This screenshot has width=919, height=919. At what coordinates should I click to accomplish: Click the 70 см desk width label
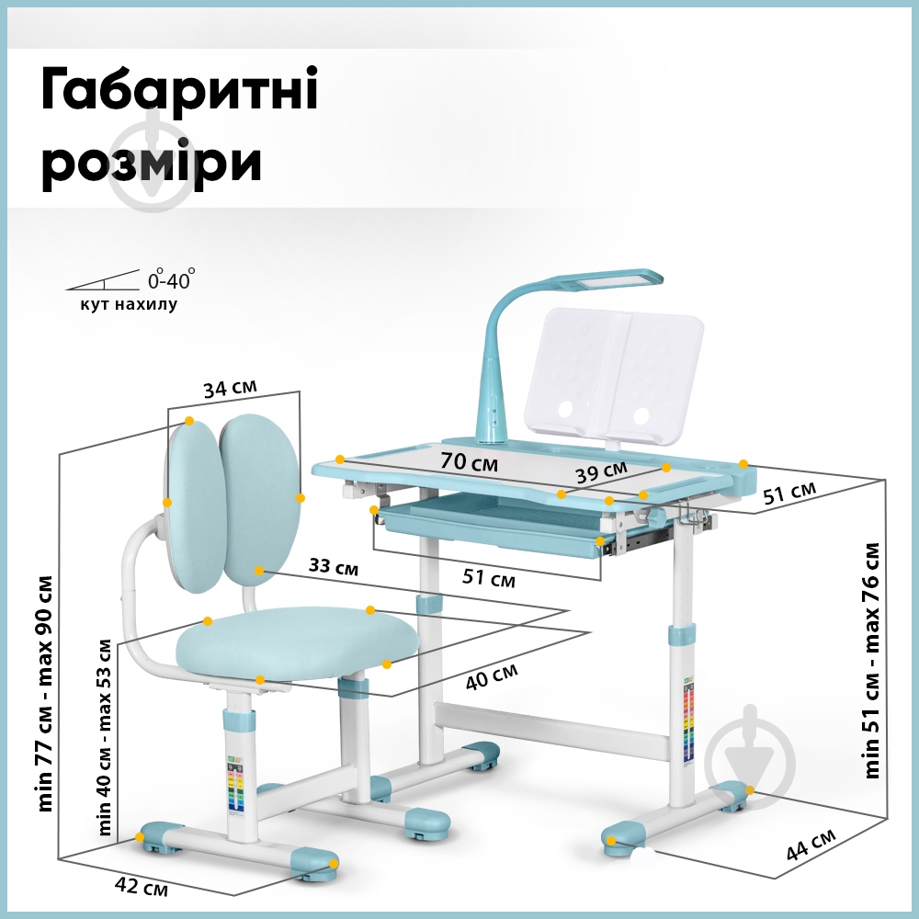pyautogui.click(x=469, y=462)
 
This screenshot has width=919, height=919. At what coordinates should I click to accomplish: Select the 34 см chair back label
pyautogui.click(x=231, y=389)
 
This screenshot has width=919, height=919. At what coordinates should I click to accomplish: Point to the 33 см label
pyautogui.click(x=334, y=567)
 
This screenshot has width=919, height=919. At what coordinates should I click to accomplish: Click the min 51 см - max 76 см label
pyautogui.click(x=871, y=660)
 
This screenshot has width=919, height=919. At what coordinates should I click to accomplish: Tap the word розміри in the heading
pyautogui.click(x=153, y=165)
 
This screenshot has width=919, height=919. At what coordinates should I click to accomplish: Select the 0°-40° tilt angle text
pyautogui.click(x=172, y=278)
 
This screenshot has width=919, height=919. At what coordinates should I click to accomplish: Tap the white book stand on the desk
pyautogui.click(x=614, y=372)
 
